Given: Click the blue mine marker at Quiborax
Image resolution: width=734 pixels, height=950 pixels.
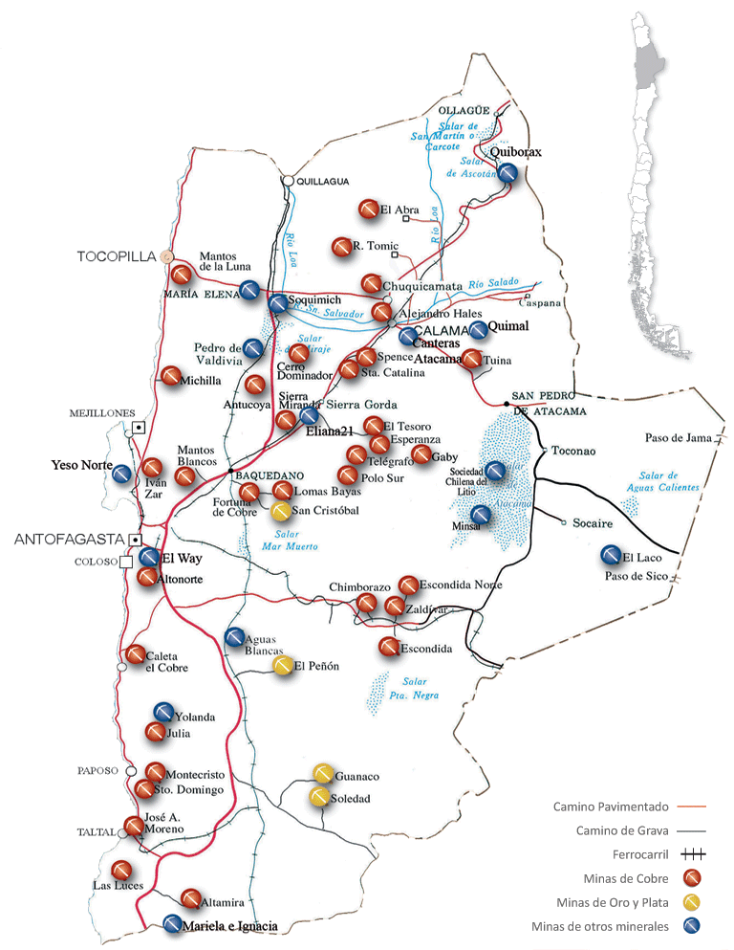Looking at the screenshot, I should click(x=508, y=173).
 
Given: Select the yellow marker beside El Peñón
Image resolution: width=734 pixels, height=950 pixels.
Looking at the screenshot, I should click(x=282, y=666).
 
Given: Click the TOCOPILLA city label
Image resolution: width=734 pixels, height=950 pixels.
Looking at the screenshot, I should click(x=118, y=257).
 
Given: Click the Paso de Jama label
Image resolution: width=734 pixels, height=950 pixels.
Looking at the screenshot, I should click(x=679, y=438).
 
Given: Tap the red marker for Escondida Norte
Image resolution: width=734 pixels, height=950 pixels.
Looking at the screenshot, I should click(x=408, y=585).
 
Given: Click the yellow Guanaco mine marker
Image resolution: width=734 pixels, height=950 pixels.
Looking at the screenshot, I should click(x=323, y=774).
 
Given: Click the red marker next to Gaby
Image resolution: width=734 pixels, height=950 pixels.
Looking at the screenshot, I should click(x=421, y=455).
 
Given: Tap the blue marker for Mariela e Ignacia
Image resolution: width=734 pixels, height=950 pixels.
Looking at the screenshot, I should click(x=172, y=924).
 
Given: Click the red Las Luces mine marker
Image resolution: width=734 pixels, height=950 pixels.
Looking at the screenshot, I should click(x=120, y=870).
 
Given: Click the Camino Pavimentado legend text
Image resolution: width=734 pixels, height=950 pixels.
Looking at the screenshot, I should click(x=610, y=806).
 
